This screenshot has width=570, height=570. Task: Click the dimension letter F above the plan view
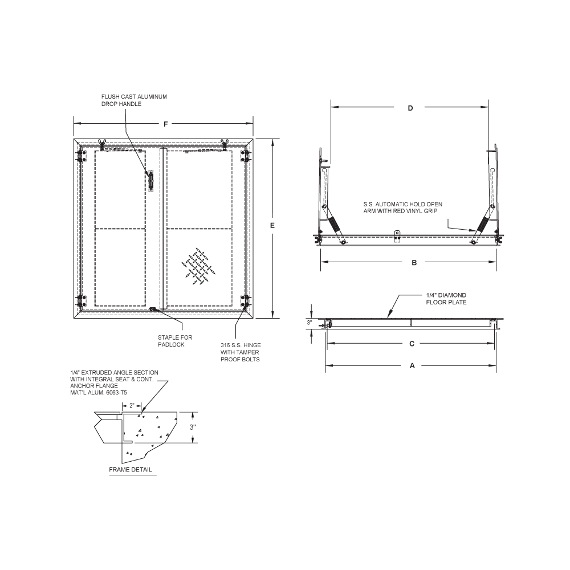point(165,124)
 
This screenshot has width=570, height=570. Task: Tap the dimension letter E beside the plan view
point(272,226)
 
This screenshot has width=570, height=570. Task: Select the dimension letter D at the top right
point(410,108)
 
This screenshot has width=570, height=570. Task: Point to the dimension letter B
point(414,262)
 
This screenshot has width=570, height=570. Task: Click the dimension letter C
point(412,344)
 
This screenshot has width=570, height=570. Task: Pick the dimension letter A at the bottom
point(412,366)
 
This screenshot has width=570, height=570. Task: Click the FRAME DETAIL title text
point(131,470)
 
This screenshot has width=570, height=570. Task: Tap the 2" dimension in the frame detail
point(132,405)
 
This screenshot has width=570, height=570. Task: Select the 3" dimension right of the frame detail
point(193,427)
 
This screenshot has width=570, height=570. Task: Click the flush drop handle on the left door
point(151,180)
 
